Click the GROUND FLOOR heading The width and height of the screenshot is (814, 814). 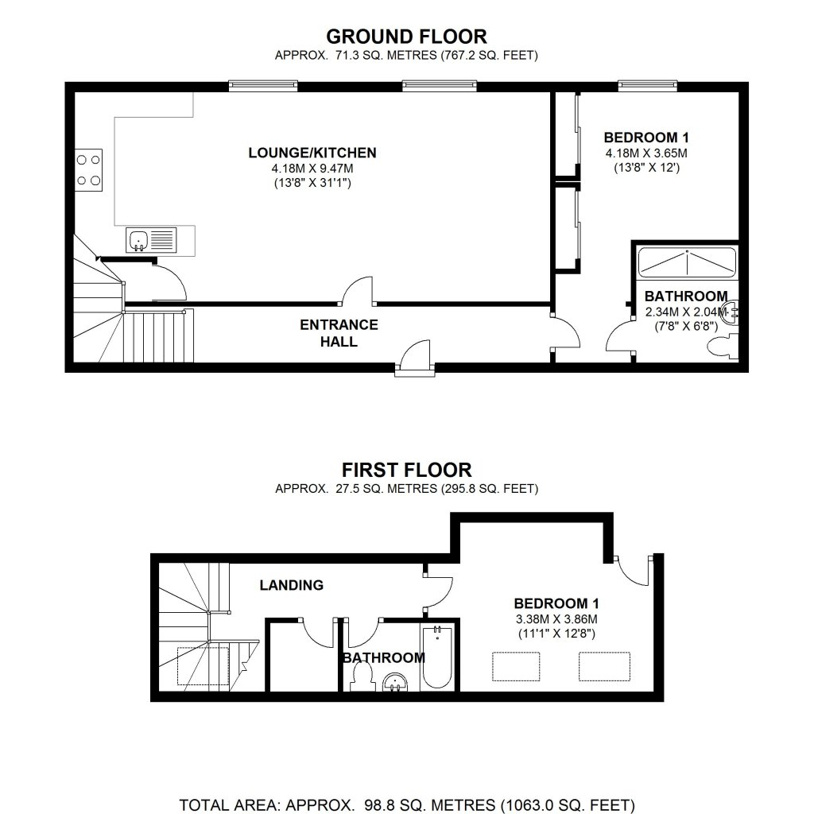[x=406, y=36]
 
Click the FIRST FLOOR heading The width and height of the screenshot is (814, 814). [x=406, y=469]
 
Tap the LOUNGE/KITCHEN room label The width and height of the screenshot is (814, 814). [x=312, y=153]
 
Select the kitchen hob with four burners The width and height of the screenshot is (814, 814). [x=90, y=170]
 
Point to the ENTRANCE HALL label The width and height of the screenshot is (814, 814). [x=339, y=333]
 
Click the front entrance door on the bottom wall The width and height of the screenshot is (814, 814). [x=414, y=356]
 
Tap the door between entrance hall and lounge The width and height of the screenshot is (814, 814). [x=358, y=292]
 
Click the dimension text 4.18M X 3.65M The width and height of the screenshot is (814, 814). [x=645, y=153]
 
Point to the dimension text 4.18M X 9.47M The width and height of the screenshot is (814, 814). [x=312, y=169]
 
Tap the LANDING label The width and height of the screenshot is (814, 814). [x=292, y=585]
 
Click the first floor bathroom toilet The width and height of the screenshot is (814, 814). [x=363, y=678]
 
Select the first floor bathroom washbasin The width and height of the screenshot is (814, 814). [x=397, y=682]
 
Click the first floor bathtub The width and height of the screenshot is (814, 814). [x=438, y=658]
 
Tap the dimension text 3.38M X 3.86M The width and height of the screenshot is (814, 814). [x=555, y=618]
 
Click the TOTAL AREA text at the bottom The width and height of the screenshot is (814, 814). [x=406, y=804]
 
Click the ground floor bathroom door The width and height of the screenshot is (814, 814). [x=621, y=338]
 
